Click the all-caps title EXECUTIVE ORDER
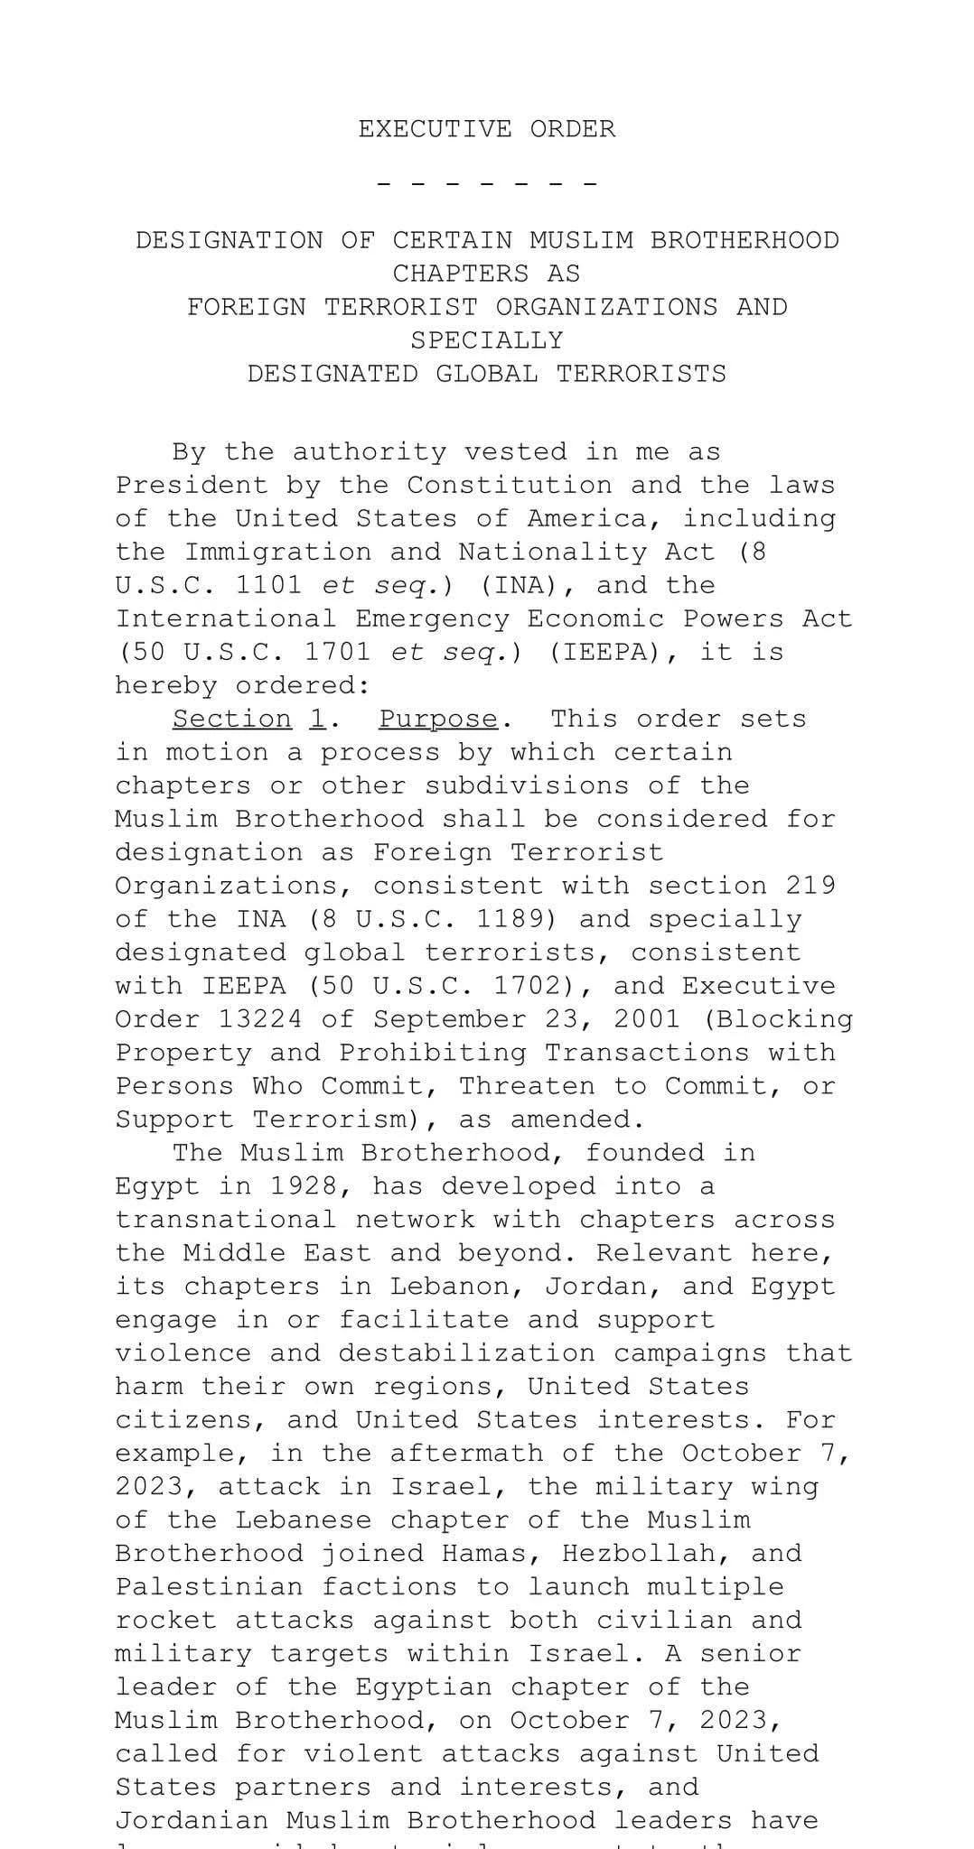click(x=486, y=129)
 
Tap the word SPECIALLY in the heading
click(x=486, y=340)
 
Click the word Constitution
click(x=509, y=485)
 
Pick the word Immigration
click(x=277, y=552)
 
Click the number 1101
click(x=268, y=585)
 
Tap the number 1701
click(x=337, y=652)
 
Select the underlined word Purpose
click(x=437, y=719)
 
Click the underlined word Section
click(x=232, y=719)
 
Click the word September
click(x=449, y=1019)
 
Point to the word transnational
click(x=225, y=1219)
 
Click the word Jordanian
click(x=191, y=1820)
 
